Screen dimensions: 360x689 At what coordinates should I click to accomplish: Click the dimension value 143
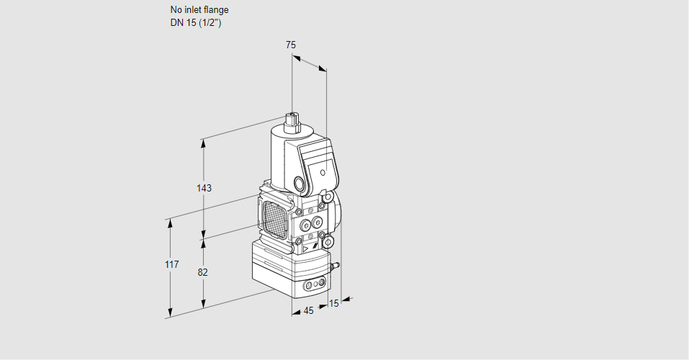[x=204, y=188]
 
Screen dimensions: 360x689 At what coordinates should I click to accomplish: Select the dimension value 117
[x=171, y=265]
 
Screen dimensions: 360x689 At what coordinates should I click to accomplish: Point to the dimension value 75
[x=290, y=45]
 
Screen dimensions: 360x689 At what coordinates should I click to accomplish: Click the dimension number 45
[x=308, y=311]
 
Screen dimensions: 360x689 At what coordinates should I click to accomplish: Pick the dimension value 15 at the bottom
[x=333, y=303]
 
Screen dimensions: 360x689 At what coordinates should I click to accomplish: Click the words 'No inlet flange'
[x=199, y=10]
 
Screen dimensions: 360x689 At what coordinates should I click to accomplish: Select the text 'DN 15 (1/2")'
[x=196, y=22]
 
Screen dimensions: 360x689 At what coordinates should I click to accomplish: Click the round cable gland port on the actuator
[x=300, y=184]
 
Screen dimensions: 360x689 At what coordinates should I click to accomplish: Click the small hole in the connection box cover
[x=323, y=173]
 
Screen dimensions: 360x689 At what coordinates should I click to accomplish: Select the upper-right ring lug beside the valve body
[x=328, y=196]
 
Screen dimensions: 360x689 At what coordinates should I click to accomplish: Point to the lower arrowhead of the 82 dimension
[x=204, y=303]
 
